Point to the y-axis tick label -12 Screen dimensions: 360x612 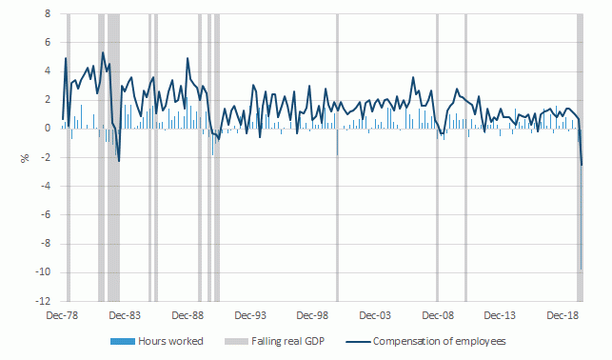click(44, 300)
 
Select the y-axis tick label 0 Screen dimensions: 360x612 click(48, 129)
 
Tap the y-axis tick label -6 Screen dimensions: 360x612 click(45, 214)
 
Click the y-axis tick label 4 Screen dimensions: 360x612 click(48, 71)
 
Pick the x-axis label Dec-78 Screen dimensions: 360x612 click(61, 315)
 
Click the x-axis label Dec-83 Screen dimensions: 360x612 click(124, 315)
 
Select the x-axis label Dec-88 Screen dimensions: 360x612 click(188, 315)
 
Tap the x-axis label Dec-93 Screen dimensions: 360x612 click(250, 315)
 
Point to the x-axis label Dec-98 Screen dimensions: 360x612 click(313, 315)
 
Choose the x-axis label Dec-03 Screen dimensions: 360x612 click(376, 315)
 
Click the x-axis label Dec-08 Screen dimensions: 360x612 click(439, 315)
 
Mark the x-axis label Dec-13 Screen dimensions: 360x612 click(502, 315)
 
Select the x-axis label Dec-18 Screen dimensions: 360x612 click(563, 315)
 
